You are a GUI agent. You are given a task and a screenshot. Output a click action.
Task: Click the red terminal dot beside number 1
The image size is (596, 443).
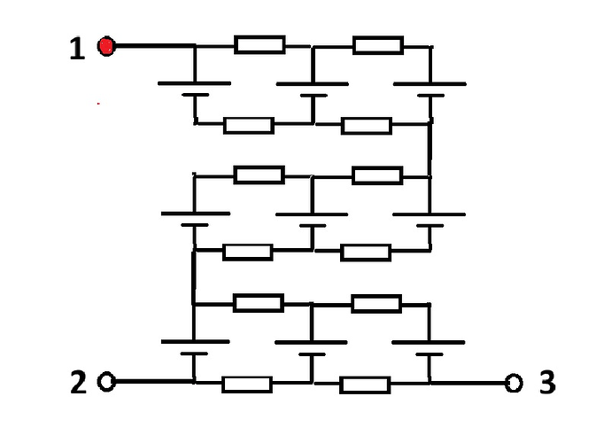coord(106,46)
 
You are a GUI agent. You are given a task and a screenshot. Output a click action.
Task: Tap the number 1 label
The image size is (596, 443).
coord(77,49)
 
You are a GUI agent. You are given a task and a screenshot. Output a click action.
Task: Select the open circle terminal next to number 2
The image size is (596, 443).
coord(106,381)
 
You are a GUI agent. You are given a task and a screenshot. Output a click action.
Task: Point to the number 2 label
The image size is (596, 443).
coord(79,382)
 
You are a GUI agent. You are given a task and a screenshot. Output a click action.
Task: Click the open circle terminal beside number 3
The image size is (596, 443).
coord(514,383)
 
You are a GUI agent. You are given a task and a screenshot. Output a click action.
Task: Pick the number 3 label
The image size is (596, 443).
coord(547,382)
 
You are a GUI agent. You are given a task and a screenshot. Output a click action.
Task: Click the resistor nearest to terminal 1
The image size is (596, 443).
coord(259,45)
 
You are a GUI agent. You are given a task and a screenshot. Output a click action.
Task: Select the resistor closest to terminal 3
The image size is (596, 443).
coord(365,385)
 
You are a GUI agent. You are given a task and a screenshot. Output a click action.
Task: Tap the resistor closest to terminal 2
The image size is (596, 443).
coord(247,385)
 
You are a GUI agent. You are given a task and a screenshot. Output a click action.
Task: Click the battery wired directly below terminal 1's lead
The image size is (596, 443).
coord(195,89)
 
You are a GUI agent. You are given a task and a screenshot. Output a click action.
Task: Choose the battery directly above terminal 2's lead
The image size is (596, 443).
coord(195,347)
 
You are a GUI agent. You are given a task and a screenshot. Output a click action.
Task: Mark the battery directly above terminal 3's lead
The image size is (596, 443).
coord(429,348)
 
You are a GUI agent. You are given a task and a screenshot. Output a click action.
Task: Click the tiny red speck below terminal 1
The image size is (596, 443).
coord(98,104)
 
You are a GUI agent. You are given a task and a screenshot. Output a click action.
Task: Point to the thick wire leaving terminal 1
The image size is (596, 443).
coord(155,46)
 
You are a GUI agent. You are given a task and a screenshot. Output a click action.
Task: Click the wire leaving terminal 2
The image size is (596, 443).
coord(153,381)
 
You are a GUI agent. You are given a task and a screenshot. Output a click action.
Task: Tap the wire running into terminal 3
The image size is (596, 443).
coord(468,383)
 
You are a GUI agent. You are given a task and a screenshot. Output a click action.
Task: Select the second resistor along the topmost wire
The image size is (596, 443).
coord(378,46)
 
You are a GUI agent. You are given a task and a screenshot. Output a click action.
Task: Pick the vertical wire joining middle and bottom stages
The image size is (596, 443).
coord(194,277)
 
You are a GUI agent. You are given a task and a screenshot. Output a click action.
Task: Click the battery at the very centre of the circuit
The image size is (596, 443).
coord(312,220)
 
